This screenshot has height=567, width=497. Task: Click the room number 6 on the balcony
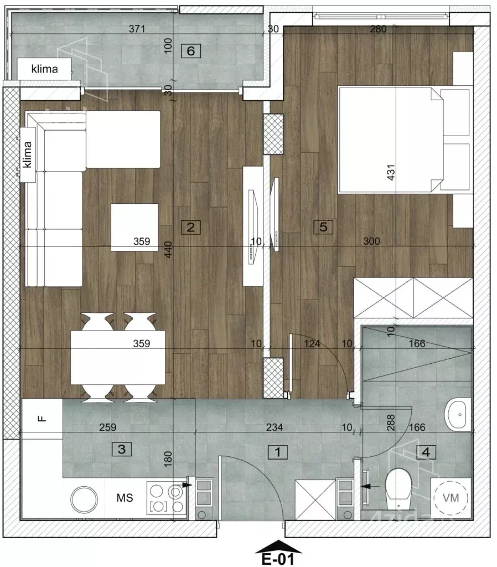point(190,50)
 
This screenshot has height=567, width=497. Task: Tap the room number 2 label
point(190,227)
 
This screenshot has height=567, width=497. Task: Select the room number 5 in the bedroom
point(323,226)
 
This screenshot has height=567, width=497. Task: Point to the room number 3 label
point(121,449)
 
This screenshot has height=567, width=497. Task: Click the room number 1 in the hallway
point(278,452)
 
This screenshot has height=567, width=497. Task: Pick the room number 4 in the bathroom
point(426,452)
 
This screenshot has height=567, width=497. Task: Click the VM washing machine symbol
point(451,498)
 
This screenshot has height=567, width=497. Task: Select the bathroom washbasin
point(458,414)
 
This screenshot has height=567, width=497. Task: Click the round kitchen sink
point(84,499)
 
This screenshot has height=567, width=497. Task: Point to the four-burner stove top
point(167,498)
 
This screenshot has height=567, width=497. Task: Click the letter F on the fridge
point(42,419)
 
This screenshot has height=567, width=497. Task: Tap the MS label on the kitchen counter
point(125,498)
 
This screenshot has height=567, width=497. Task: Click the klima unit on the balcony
point(44,69)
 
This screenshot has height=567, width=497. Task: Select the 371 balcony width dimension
point(137,29)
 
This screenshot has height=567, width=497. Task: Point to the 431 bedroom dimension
point(391,173)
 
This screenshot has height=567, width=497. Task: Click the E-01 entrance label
point(278,559)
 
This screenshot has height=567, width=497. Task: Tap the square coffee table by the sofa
point(134,227)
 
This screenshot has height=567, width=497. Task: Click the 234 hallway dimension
point(275,427)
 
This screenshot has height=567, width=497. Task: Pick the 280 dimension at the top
point(378,29)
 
